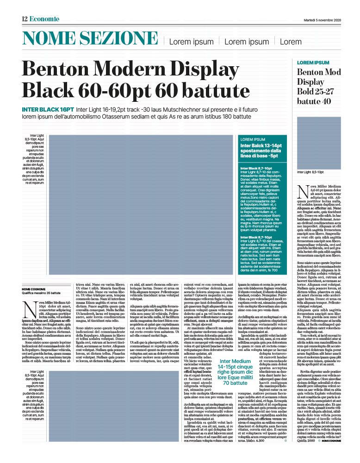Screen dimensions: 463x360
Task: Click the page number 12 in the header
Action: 25,19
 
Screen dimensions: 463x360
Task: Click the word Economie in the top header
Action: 44,19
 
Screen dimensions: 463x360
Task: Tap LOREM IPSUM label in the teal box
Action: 253,139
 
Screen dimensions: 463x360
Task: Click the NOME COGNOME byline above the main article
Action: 34,289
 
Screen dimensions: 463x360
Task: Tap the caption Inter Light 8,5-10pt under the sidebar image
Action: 310,172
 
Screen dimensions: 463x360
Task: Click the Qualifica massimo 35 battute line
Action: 41,294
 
